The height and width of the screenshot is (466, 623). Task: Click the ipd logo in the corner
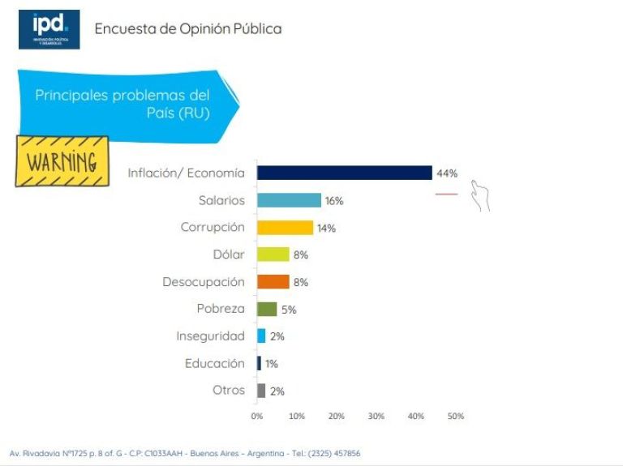49,30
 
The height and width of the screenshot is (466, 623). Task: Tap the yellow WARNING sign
62,160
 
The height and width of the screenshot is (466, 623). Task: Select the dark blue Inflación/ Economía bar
344,173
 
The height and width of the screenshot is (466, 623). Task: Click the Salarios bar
289,200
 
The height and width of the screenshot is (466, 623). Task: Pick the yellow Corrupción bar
285,228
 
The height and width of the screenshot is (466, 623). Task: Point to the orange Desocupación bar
273,282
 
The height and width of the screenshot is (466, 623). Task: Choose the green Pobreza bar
267,309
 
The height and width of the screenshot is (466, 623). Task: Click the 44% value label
447,173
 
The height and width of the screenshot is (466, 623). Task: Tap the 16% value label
334,201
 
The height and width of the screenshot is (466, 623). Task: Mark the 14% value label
326,229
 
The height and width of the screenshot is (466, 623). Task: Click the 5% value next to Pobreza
289,310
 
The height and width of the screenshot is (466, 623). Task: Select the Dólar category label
228,254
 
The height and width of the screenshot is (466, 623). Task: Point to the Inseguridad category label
210,336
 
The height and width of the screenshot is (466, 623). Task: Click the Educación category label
214,363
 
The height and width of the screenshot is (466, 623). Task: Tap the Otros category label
228,390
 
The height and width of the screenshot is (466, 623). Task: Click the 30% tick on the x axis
376,416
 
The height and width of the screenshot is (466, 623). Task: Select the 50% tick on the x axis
456,416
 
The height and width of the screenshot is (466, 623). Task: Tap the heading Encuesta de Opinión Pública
188,29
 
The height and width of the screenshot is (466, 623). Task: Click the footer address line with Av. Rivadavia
185,453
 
